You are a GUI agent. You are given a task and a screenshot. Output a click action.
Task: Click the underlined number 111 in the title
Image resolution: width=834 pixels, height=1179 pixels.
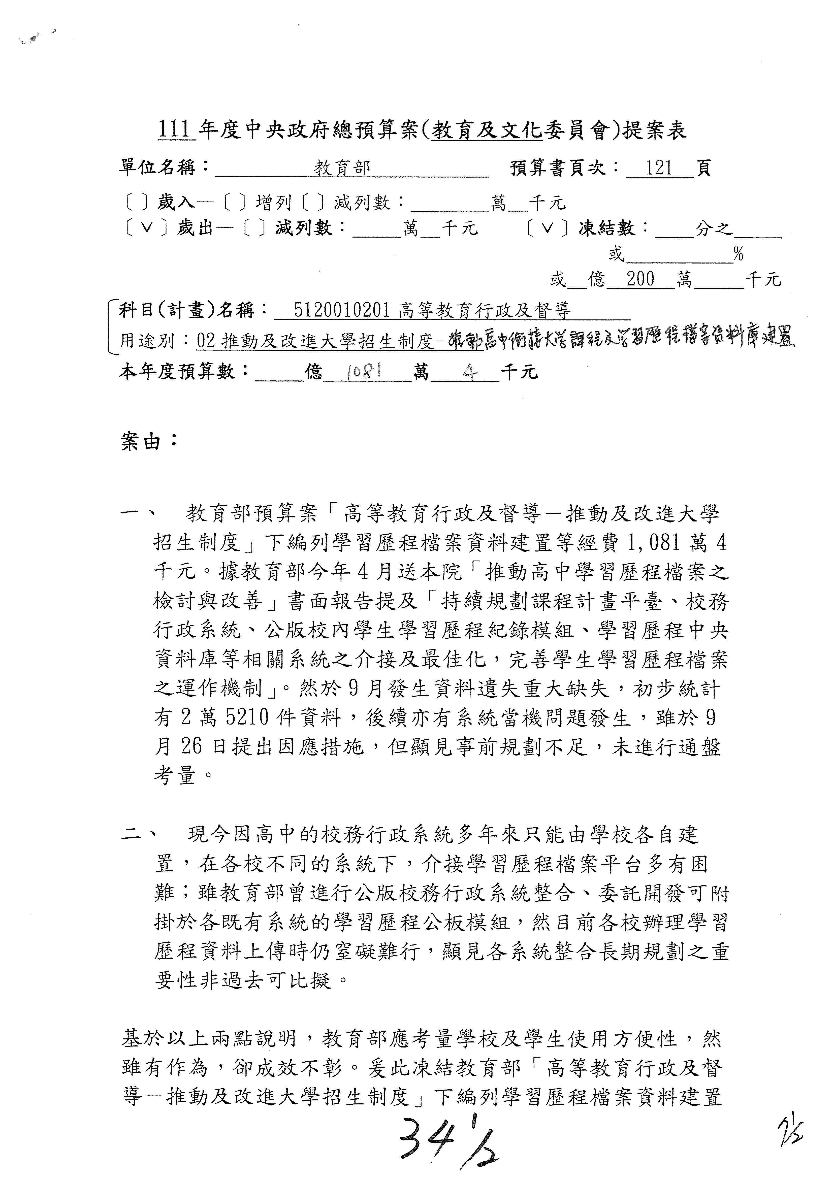pos(175,130)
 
